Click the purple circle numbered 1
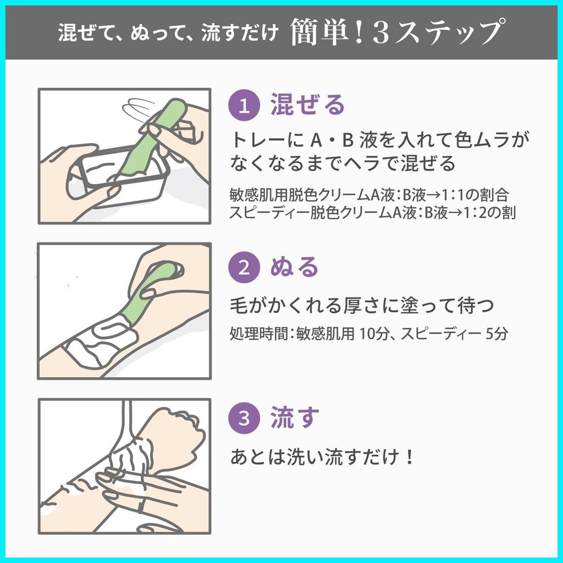(244, 105)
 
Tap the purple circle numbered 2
(244, 268)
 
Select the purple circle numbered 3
(244, 418)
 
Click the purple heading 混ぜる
(308, 104)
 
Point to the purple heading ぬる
(295, 267)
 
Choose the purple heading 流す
(295, 417)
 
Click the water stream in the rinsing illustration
(129, 420)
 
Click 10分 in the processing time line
(374, 334)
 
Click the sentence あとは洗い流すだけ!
(322, 457)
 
